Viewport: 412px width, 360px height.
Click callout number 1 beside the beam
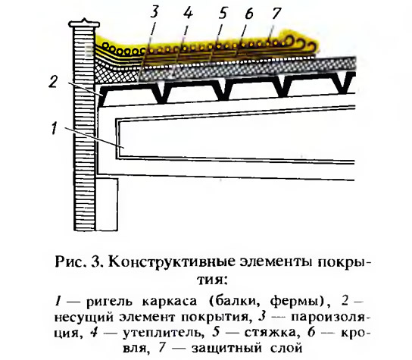coord(55,129)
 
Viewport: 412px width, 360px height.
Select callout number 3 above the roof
coord(154,12)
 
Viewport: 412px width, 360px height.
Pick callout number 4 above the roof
coord(188,13)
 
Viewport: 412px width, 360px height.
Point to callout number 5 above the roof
coord(223,13)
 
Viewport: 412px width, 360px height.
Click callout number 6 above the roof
coord(248,13)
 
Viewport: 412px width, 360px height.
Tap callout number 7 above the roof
coord(276,13)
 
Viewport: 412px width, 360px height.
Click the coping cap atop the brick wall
coord(84,23)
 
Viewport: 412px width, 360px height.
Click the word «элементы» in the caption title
coord(274,263)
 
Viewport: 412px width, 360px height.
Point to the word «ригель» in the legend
coord(109,302)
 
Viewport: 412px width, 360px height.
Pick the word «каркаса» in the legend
coord(170,302)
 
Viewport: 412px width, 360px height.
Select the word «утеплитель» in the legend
coord(164,333)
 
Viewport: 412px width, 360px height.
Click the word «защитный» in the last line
coord(226,349)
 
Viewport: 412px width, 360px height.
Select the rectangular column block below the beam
coord(107,205)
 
